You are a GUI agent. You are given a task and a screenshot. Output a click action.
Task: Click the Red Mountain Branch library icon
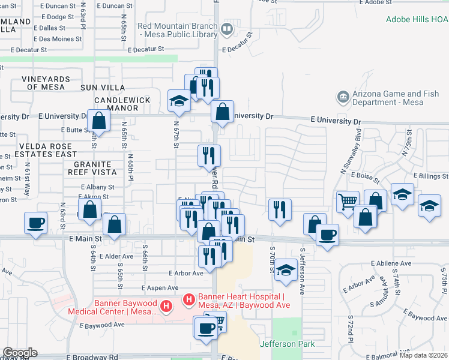point(227,29)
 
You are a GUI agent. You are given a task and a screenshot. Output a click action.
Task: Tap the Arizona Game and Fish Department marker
point(342,97)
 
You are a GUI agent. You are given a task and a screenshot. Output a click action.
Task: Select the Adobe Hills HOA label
point(417,19)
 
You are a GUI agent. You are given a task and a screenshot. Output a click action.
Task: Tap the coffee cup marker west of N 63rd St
point(36,223)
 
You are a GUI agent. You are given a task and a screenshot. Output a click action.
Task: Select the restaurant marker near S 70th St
point(280,209)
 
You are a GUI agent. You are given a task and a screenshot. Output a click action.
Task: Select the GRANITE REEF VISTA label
point(93,168)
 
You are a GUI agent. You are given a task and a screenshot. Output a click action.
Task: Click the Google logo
point(20,353)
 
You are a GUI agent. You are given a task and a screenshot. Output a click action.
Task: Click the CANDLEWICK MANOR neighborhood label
point(116,104)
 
